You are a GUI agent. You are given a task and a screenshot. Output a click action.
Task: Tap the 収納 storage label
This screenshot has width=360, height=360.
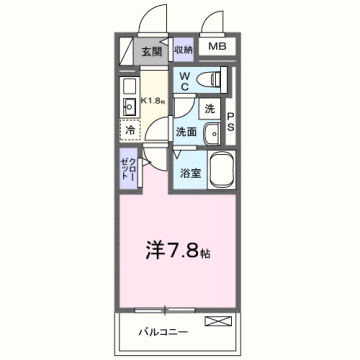[x=182, y=51]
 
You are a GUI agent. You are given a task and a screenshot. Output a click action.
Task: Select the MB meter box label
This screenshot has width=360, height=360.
[x=216, y=46]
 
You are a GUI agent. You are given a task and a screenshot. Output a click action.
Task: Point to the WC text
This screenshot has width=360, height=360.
[x=186, y=81]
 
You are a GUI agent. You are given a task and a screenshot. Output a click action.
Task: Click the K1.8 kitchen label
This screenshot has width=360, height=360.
[x=153, y=100]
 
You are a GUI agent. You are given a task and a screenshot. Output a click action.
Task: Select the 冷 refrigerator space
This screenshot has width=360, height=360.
[x=130, y=129]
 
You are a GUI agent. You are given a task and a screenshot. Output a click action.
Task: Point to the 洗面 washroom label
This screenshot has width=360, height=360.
[x=187, y=131]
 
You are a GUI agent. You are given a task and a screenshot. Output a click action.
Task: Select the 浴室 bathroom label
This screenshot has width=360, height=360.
[x=189, y=173]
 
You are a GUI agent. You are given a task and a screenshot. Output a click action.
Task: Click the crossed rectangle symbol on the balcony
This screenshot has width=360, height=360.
[x=217, y=321]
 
